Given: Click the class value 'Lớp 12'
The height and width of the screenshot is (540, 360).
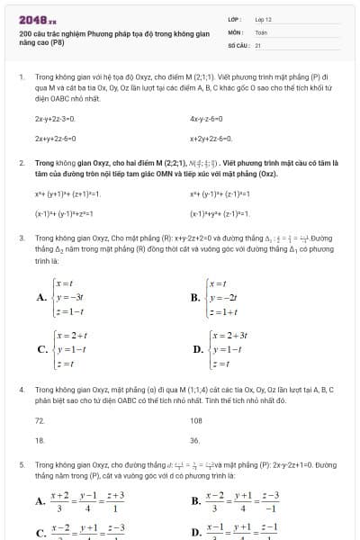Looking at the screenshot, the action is click(263, 19).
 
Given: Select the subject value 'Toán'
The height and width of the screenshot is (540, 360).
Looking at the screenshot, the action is click(261, 31).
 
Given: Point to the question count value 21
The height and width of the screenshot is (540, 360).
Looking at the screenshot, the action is click(258, 44).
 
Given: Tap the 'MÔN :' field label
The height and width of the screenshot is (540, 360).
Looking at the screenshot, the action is click(237, 31).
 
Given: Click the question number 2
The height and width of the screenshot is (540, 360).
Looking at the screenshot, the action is click(21, 163).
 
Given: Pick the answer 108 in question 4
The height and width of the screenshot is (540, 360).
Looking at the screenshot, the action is click(196, 420).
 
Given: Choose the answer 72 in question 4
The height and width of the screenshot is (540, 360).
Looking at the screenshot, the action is click(40, 420).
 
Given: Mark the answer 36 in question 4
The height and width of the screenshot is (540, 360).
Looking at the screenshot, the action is click(195, 441).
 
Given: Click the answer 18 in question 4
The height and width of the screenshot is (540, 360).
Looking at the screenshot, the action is click(40, 441).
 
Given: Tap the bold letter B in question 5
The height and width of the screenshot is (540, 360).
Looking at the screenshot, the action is click(196, 501).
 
